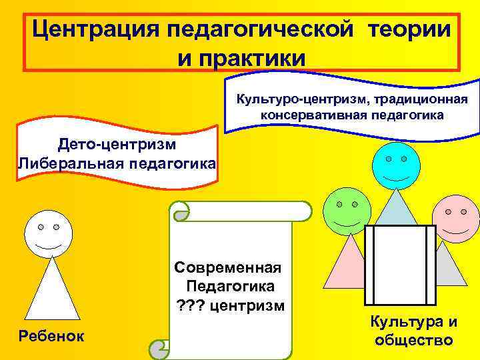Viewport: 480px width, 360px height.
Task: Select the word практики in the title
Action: click(x=241, y=57)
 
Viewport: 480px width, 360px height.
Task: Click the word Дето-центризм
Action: click(x=117, y=144)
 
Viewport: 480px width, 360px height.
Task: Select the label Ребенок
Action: click(x=52, y=336)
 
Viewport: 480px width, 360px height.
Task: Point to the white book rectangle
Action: click(x=399, y=265)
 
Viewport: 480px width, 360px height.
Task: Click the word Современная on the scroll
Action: click(x=228, y=268)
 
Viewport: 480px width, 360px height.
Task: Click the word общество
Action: click(x=414, y=340)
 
